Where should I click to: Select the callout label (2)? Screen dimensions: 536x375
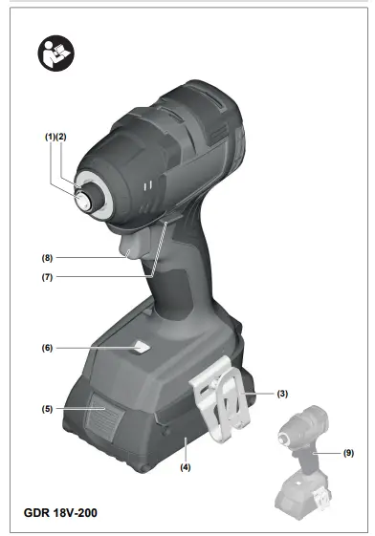tap(62, 137)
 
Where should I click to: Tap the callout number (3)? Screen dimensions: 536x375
tap(282, 394)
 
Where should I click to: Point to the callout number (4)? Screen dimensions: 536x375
tap(186, 467)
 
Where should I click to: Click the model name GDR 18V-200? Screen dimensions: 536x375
tap(59, 513)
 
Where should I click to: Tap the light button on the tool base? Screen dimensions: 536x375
tap(141, 349)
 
